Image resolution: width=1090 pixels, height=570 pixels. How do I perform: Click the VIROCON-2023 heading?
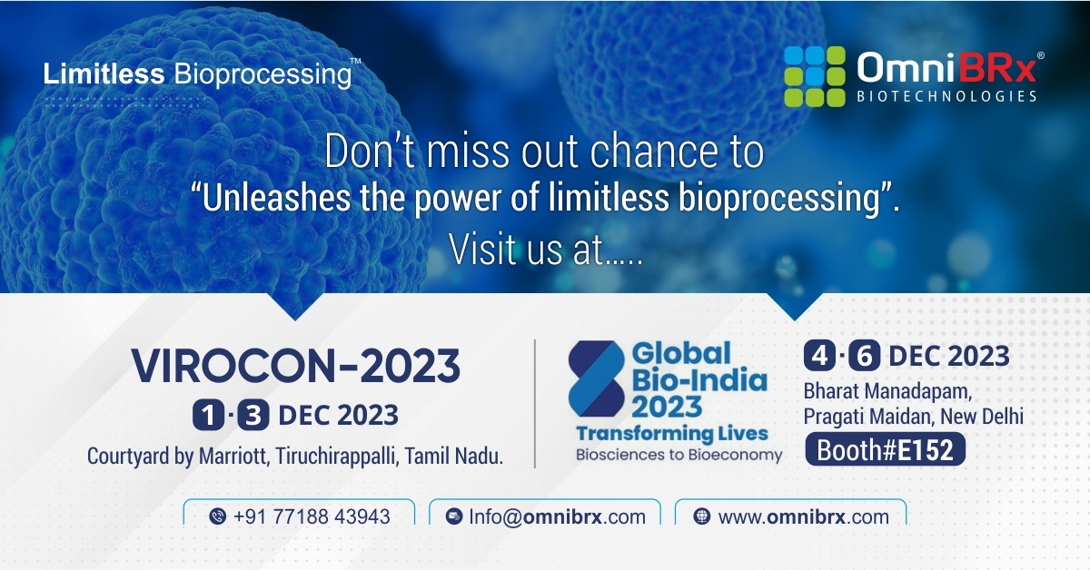[x=295, y=365]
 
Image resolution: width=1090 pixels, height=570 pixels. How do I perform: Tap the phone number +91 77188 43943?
[x=312, y=516]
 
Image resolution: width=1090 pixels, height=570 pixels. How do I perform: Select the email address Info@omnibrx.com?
[x=557, y=516]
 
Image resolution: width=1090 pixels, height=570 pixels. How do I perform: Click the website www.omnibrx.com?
[x=803, y=516]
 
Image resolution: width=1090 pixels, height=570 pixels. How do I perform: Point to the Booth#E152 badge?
[x=885, y=450]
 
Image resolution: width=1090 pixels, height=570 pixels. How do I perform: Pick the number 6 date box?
[x=866, y=357]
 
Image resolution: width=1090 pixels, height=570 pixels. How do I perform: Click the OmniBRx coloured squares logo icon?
[x=814, y=75]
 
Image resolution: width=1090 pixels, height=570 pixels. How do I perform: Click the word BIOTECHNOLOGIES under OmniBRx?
[x=945, y=96]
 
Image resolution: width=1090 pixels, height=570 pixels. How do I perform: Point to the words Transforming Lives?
[x=672, y=433]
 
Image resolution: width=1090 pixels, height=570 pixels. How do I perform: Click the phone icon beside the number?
[x=217, y=516]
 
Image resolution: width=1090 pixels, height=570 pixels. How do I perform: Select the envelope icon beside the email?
[x=454, y=516]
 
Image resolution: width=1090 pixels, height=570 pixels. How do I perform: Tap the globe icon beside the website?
[x=701, y=516]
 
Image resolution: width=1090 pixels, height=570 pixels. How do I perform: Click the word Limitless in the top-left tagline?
[x=104, y=74]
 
